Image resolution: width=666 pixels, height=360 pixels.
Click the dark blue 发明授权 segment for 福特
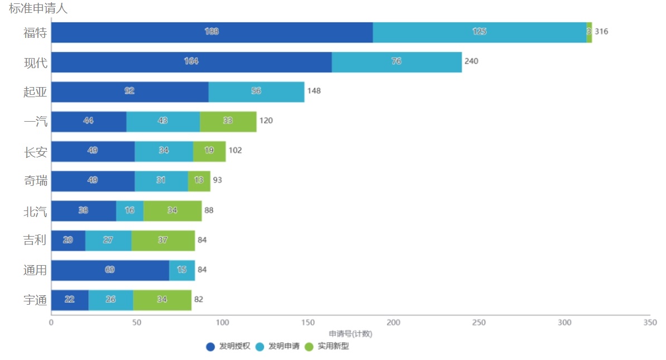[212, 32]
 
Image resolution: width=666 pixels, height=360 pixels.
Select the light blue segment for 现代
[396, 61]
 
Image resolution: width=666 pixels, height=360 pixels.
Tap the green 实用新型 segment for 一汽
[228, 121]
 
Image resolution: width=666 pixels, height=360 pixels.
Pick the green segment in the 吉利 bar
[163, 240]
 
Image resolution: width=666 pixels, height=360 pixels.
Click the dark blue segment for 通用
[110, 270]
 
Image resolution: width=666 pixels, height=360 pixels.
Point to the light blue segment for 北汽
[130, 210]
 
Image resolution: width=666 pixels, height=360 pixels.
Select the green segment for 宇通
[162, 300]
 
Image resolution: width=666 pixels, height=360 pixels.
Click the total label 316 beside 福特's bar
[601, 32]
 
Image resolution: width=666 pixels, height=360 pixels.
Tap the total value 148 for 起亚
[314, 91]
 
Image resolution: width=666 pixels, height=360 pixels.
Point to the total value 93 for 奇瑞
[218, 180]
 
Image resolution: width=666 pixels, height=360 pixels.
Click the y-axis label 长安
[35, 151]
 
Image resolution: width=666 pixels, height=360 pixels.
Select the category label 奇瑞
[35, 181]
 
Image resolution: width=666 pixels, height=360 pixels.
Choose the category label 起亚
[35, 92]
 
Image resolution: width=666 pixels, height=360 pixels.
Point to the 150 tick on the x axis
[308, 323]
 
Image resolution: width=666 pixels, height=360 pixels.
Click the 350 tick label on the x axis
[650, 323]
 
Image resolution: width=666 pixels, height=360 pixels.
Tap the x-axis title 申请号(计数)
[350, 334]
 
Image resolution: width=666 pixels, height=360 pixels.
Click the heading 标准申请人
[38, 8]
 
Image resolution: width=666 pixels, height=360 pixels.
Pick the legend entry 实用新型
[333, 347]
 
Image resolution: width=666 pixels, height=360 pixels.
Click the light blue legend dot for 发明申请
[260, 347]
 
